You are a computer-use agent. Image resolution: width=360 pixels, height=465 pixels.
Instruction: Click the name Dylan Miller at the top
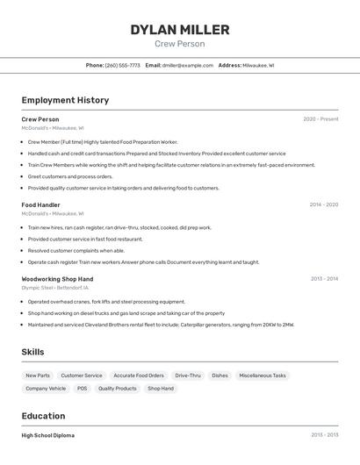(x=180, y=30)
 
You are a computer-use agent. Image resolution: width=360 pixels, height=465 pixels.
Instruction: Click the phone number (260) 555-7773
(x=122, y=65)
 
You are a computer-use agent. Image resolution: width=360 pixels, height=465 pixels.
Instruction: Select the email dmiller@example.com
(x=188, y=65)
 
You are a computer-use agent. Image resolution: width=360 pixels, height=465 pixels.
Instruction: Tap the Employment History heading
(x=65, y=100)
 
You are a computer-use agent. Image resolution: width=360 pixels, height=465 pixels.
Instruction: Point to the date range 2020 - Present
(x=320, y=119)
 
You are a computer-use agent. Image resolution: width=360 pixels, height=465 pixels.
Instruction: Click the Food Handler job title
(x=40, y=204)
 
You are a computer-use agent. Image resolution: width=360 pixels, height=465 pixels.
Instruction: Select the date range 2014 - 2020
(x=323, y=204)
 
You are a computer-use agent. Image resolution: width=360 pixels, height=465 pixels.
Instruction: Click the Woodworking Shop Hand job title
(x=57, y=279)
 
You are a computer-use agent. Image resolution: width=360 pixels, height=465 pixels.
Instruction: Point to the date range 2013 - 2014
(x=324, y=279)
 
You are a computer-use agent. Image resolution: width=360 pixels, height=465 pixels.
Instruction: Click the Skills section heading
(x=33, y=352)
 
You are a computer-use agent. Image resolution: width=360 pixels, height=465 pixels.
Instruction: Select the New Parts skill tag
(x=38, y=376)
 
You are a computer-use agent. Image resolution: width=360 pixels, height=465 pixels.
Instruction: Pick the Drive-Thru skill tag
(x=188, y=376)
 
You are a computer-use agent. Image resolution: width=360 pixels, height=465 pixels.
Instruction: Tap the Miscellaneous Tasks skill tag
(x=262, y=376)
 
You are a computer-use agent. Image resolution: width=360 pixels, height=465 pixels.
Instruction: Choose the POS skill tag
(x=82, y=388)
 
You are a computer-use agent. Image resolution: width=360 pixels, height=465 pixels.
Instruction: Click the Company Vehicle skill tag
(x=46, y=388)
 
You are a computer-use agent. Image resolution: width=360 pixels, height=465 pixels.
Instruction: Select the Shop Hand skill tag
(x=161, y=388)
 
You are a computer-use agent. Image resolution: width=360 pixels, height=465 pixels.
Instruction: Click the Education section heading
(x=43, y=416)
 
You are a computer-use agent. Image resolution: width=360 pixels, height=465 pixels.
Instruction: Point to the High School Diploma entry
(x=47, y=435)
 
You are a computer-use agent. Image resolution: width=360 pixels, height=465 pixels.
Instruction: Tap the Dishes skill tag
(x=220, y=376)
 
